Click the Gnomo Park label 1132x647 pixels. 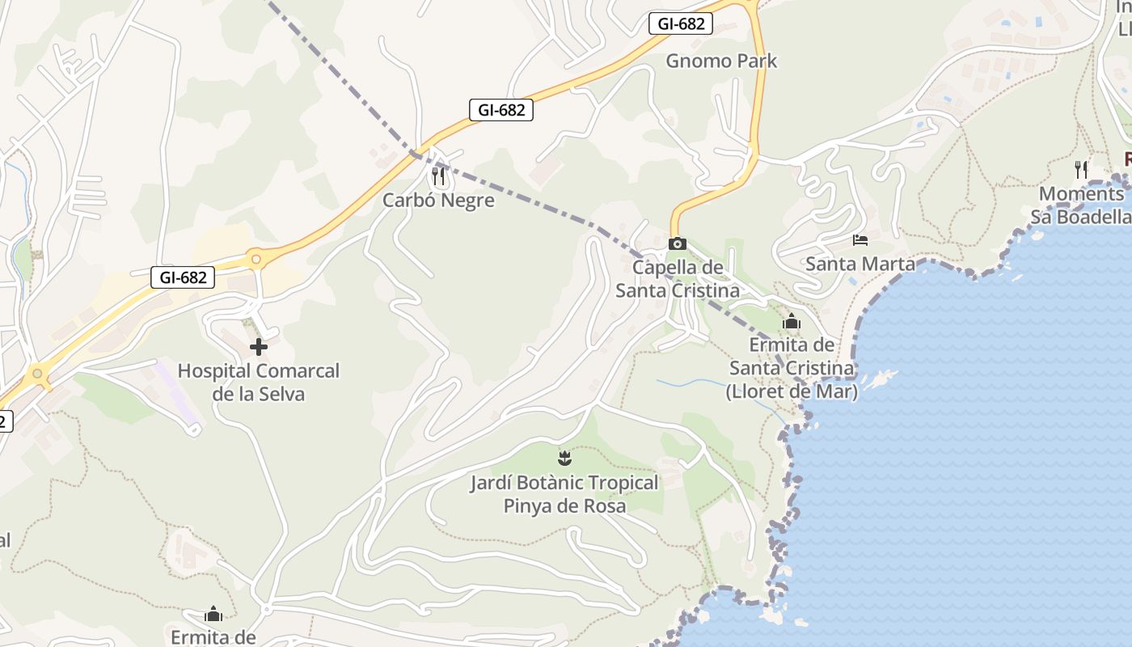[721, 61]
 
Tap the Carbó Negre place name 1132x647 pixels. [438, 201]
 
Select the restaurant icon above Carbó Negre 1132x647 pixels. [438, 175]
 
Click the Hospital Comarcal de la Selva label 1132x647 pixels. [259, 383]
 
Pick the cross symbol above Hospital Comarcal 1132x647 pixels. [259, 348]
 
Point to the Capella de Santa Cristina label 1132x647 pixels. [678, 279]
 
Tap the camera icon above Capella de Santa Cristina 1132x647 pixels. [678, 243]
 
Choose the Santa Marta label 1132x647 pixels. [860, 264]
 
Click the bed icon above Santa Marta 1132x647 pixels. [860, 239]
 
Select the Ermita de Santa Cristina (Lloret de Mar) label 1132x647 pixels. [792, 369]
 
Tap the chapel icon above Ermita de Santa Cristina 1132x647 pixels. [792, 323]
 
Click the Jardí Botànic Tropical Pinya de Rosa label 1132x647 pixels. [564, 494]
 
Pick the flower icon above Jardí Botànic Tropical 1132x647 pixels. [564, 459]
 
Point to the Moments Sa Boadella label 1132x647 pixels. [1081, 205]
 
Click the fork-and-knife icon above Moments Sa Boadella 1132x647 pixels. [1081, 169]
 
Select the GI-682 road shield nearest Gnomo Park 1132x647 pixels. [681, 23]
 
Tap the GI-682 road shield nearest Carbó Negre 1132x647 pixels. [501, 110]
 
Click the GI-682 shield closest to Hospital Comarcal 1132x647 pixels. [183, 277]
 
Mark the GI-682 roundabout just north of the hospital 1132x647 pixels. [256, 260]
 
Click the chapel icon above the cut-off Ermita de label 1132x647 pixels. [213, 615]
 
